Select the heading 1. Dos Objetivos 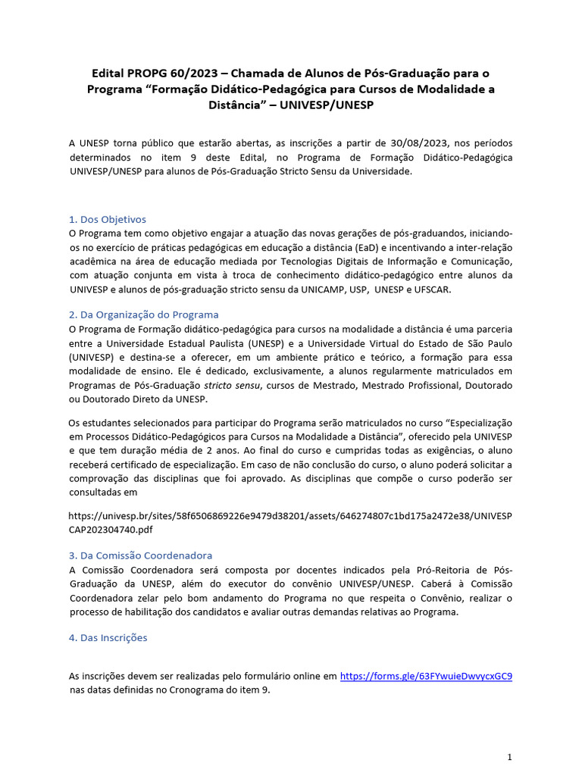pyautogui.click(x=108, y=219)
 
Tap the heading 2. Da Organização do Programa pyautogui.click(x=144, y=314)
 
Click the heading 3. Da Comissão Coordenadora pyautogui.click(x=141, y=555)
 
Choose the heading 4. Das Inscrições pyautogui.click(x=108, y=637)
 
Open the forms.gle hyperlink pyautogui.click(x=426, y=675)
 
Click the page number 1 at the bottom pyautogui.click(x=510, y=756)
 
